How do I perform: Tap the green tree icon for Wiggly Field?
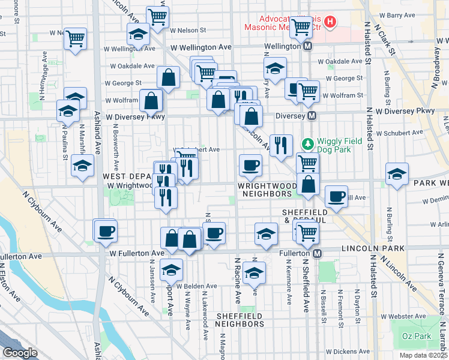pos(307,144)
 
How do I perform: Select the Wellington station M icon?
pos(308,46)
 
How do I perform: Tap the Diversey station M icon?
pos(312,116)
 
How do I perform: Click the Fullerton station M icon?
pos(317,254)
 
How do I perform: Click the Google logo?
pos(20,353)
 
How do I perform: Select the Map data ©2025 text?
pos(424,355)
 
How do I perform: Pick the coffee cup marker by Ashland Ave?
pos(106,231)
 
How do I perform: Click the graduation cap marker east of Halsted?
pos(396,174)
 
